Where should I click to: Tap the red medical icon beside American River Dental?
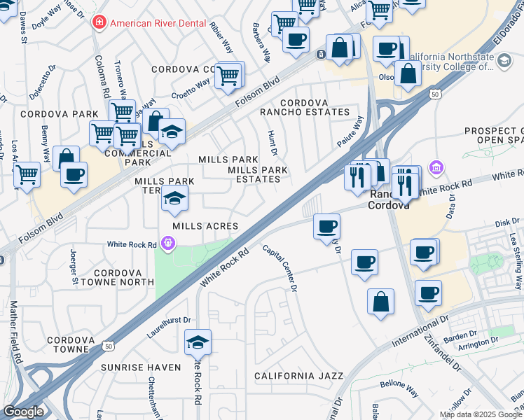(99, 22)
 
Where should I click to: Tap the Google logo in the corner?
(24, 412)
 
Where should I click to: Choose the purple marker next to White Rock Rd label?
(167, 244)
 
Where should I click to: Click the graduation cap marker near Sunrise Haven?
(198, 343)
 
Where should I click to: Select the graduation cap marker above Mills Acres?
(174, 198)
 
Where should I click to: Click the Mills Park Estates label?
(254, 174)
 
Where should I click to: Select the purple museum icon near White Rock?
(436, 169)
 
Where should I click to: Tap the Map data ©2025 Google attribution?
(481, 414)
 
